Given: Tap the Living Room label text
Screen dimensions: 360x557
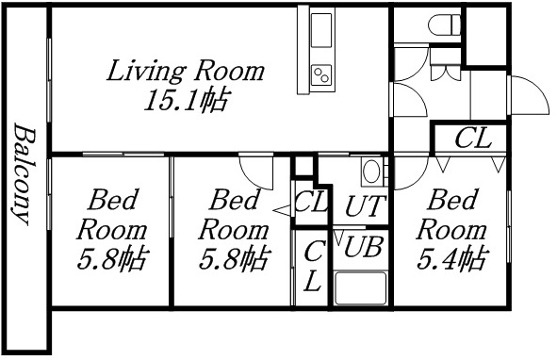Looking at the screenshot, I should tap(185, 71).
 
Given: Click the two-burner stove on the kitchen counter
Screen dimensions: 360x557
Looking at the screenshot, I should tap(321, 74).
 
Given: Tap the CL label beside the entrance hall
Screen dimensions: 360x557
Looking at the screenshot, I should tap(472, 139).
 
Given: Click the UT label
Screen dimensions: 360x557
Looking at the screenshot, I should tap(362, 206).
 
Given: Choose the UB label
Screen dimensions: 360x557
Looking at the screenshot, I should tap(362, 248).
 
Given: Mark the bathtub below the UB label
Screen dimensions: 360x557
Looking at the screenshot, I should tap(359, 288).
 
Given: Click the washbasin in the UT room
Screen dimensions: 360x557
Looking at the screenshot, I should tap(371, 172).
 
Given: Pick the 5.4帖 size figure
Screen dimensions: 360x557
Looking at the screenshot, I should tap(454, 257).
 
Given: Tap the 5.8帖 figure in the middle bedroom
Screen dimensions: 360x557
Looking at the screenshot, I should tap(233, 257).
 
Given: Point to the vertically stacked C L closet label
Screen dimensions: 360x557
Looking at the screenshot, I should tap(312, 266).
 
